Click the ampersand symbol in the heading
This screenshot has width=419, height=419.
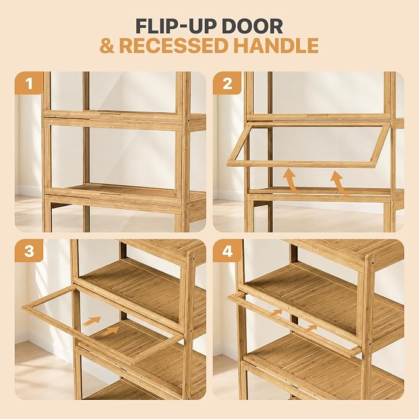click(107, 46)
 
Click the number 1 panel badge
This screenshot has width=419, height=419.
click(29, 83)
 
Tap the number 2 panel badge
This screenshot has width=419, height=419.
click(227, 83)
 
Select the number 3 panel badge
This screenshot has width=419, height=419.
click(29, 251)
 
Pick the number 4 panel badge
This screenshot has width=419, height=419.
click(227, 251)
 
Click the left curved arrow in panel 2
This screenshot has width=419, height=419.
click(291, 180)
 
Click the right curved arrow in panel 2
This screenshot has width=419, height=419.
click(339, 183)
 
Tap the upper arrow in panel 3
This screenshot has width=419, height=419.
click(92, 321)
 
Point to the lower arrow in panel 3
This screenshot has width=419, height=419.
click(110, 331)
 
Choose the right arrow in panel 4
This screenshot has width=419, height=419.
click(311, 328)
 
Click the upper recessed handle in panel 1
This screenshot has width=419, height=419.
click(110, 115)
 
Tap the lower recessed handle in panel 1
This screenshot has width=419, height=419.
click(110, 194)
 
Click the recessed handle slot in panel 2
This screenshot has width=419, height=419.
click(317, 116)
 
